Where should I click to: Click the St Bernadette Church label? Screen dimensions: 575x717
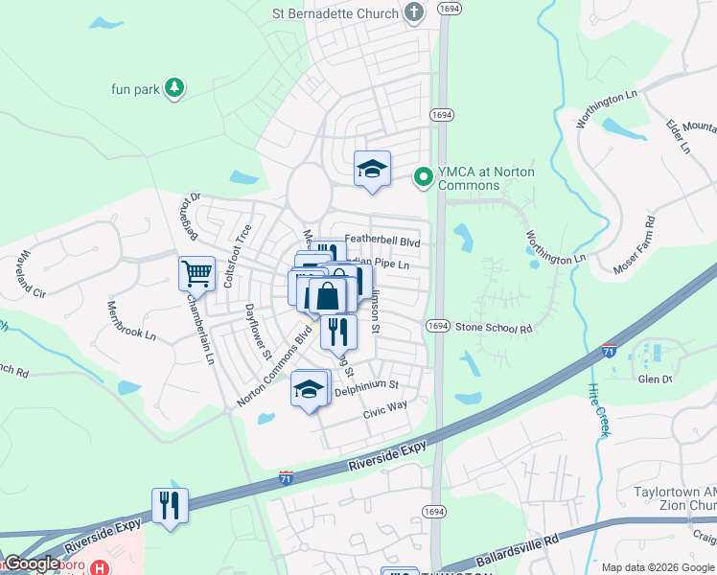pyautogui.click(x=335, y=12)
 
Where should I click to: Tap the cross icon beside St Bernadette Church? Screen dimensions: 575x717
pyautogui.click(x=414, y=12)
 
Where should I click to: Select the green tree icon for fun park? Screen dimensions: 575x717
pyautogui.click(x=173, y=88)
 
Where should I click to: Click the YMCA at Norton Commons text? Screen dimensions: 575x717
pyautogui.click(x=486, y=177)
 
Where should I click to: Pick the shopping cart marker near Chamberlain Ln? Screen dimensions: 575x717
pyautogui.click(x=197, y=273)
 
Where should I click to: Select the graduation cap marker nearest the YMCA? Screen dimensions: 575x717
pyautogui.click(x=372, y=170)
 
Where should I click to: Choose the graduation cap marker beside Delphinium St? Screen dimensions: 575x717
pyautogui.click(x=309, y=389)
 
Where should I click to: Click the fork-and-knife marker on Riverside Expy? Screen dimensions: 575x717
pyautogui.click(x=170, y=505)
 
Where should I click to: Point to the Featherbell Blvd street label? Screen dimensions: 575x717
pyautogui.click(x=382, y=241)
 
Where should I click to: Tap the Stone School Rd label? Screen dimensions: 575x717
pyautogui.click(x=493, y=328)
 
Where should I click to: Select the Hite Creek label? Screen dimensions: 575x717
pyautogui.click(x=596, y=411)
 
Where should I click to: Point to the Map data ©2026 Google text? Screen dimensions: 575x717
pyautogui.click(x=658, y=567)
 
